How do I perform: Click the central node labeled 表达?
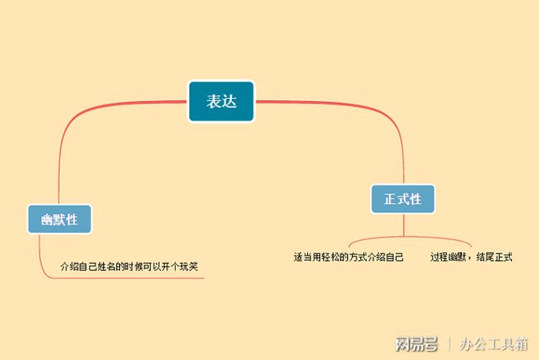click(x=221, y=101)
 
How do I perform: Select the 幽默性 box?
click(x=60, y=219)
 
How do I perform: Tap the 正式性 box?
click(x=403, y=199)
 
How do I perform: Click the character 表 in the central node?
click(x=213, y=101)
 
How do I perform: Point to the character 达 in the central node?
click(x=229, y=101)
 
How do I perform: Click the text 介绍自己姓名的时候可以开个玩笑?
click(x=129, y=267)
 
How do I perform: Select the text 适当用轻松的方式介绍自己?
click(x=349, y=257)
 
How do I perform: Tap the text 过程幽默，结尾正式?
click(x=471, y=257)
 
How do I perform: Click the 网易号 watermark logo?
click(x=416, y=344)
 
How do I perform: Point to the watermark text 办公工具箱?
click(x=494, y=344)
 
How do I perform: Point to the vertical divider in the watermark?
click(x=449, y=344)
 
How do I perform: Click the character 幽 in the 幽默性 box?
click(x=47, y=220)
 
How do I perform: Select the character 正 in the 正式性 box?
click(x=390, y=199)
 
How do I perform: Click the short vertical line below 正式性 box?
click(x=404, y=224)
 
